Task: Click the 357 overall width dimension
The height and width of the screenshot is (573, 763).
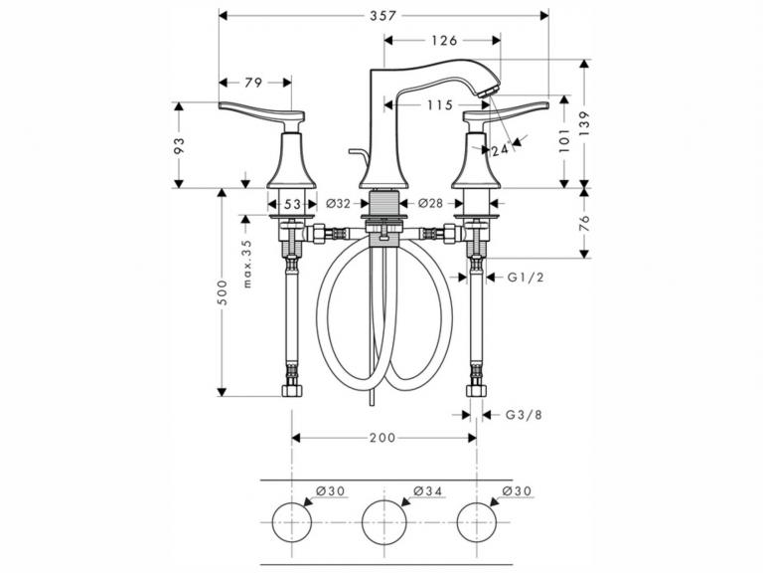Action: tap(382, 16)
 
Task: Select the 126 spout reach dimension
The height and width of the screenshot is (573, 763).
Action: tap(444, 41)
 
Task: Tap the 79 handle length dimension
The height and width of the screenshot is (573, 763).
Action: tap(253, 83)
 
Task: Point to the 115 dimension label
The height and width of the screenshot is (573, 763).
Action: tap(439, 104)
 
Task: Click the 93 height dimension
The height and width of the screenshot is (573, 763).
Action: tap(180, 145)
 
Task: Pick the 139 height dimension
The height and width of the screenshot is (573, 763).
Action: tap(584, 123)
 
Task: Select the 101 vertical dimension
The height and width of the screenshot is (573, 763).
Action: tap(564, 141)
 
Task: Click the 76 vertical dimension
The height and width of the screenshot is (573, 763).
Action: tap(584, 223)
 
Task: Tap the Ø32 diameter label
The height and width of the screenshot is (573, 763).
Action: tap(338, 203)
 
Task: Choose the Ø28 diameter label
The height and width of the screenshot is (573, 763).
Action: tap(430, 203)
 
